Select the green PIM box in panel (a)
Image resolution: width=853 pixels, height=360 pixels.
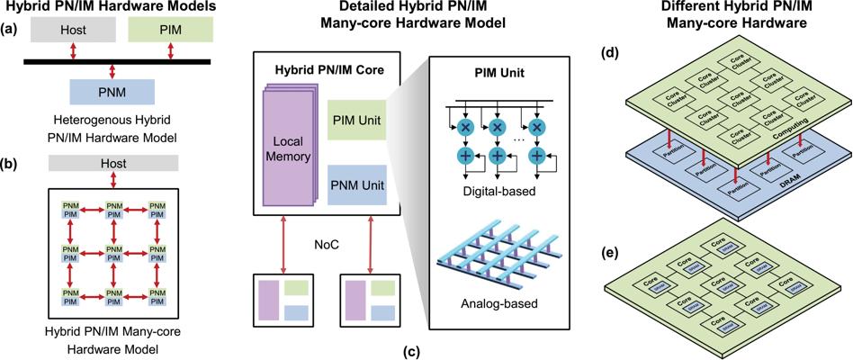(x=170, y=30)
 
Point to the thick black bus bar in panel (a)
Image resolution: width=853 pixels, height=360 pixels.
(x=118, y=61)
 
